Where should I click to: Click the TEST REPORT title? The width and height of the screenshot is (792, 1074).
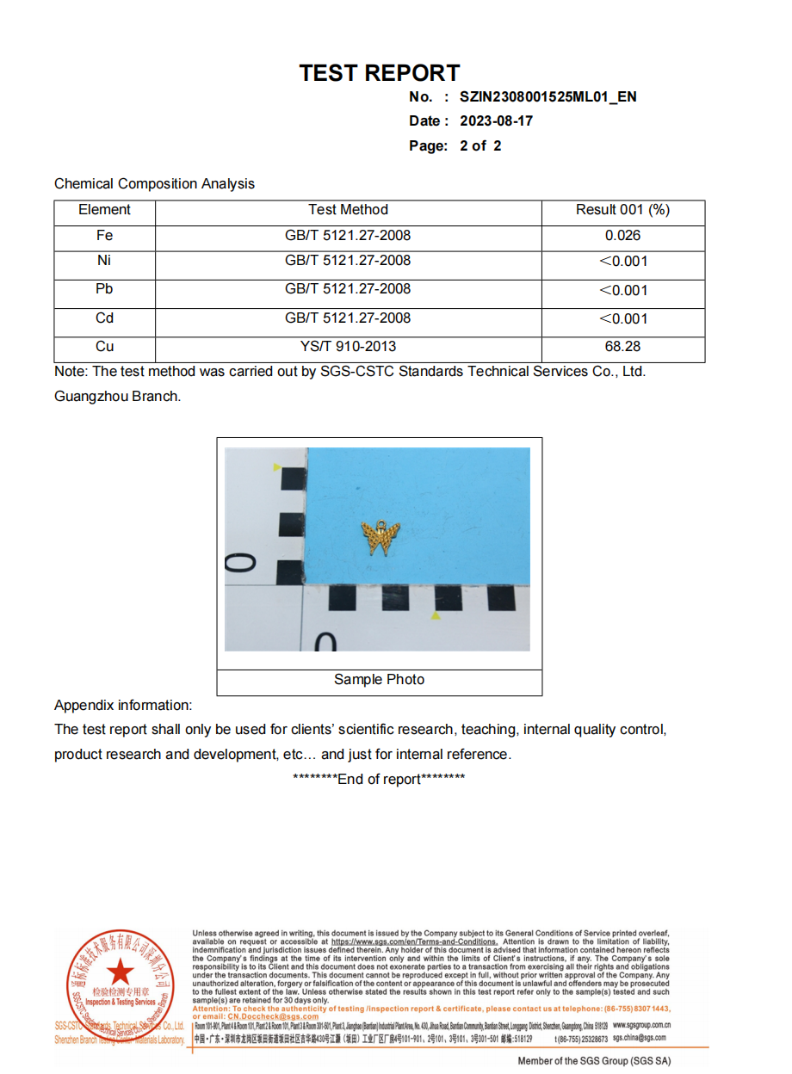click(x=379, y=73)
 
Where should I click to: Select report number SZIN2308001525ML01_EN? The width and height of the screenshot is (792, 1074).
click(x=548, y=96)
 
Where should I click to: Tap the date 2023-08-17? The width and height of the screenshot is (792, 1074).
click(x=496, y=121)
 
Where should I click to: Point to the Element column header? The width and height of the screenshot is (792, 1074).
click(x=104, y=210)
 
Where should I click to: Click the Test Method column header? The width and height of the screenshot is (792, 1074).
click(x=348, y=210)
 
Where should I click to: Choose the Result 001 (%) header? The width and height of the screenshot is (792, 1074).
click(x=622, y=210)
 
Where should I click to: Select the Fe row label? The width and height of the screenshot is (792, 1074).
click(x=104, y=236)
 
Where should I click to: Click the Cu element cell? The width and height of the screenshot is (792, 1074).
click(x=104, y=347)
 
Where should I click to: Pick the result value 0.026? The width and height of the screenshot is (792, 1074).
click(x=622, y=236)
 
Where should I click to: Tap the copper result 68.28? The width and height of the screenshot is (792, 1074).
click(x=622, y=347)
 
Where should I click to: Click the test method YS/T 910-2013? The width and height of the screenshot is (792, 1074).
click(x=348, y=347)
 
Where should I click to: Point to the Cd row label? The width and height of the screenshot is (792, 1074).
click(x=104, y=318)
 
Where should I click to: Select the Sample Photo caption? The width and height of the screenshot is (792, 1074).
click(x=379, y=680)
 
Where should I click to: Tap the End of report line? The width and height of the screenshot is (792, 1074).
click(x=379, y=780)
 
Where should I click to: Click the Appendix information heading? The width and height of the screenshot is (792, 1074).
click(x=123, y=706)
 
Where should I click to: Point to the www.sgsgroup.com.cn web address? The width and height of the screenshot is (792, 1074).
click(x=641, y=1026)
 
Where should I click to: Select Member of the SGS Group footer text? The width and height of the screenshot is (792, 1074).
click(x=594, y=1061)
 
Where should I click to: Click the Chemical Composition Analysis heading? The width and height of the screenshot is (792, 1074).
click(x=154, y=184)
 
